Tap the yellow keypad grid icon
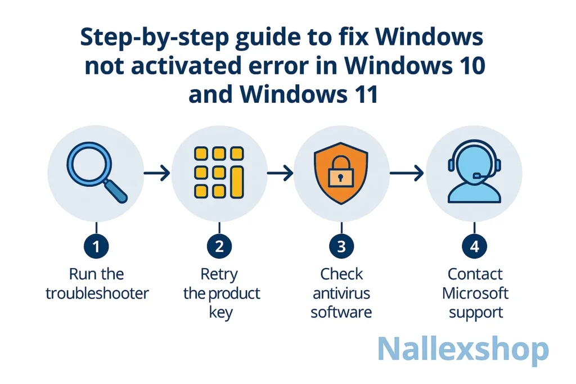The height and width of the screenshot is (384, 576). (218, 171)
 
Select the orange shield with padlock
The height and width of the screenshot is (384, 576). (341, 172)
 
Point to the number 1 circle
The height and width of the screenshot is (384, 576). (96, 246)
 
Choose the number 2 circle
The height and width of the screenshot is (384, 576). (219, 246)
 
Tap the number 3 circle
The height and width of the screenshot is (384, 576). (341, 246)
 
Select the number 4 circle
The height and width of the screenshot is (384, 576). (475, 246)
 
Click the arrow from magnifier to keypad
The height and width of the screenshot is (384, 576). (157, 174)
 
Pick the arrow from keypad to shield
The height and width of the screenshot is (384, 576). (280, 174)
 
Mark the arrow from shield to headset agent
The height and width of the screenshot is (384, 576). (406, 174)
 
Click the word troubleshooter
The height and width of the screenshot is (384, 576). (97, 293)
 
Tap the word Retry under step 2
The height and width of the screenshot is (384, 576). (219, 274)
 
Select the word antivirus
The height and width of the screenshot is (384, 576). (341, 293)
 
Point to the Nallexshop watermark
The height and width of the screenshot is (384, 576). (462, 349)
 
